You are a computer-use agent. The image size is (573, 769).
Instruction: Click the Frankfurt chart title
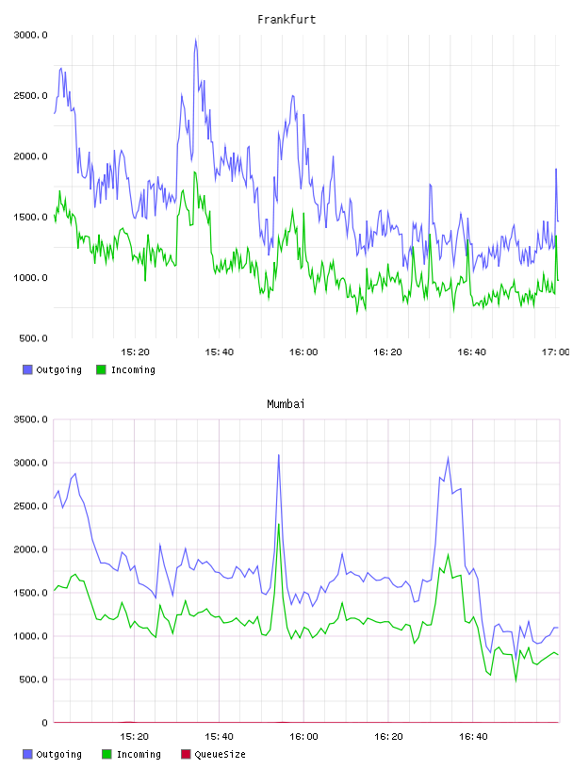pos(286,19)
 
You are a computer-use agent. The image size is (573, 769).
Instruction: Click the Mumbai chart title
pos(286,403)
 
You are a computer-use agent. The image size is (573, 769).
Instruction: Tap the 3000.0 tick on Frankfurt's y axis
pos(30,35)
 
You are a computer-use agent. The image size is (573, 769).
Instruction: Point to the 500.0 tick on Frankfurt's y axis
pos(33,338)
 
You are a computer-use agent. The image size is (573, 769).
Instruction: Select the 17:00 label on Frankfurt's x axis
pos(556,352)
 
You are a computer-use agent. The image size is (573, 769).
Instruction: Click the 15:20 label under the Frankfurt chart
pos(135,352)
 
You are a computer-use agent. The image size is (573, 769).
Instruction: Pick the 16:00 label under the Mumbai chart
pos(303,736)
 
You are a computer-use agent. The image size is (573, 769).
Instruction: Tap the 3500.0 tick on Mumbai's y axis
pos(30,419)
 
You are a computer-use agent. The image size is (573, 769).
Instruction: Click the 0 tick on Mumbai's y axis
pos(44,723)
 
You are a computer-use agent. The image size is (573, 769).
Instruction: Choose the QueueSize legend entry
pos(213,754)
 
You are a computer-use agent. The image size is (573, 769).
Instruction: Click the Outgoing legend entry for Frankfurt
pos(52,369)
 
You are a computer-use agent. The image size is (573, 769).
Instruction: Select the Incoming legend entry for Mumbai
pos(131,754)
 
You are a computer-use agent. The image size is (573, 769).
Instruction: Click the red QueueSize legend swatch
pos(186,754)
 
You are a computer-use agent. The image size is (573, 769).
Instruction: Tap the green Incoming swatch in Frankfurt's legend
pos(101,369)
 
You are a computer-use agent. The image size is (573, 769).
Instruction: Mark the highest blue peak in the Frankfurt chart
pos(196,40)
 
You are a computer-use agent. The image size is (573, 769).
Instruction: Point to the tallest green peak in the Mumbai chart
pos(279,524)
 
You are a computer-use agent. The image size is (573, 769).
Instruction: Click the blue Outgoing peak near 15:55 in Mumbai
pos(279,454)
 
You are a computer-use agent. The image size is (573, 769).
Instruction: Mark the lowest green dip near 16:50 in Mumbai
pos(516,680)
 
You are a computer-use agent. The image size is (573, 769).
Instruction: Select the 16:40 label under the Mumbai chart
pos(473,736)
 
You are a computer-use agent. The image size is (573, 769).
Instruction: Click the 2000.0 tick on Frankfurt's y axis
pos(30,156)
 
